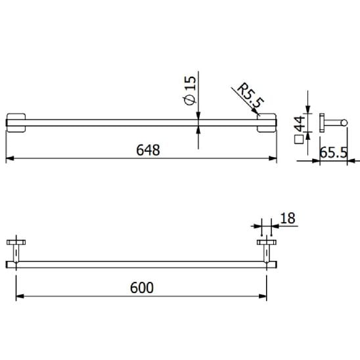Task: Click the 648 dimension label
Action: (148, 150)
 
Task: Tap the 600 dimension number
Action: (142, 288)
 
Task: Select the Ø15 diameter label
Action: (190, 91)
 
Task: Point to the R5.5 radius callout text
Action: (250, 95)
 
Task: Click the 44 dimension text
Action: (300, 124)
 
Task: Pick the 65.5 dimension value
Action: (333, 152)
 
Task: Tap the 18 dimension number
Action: (288, 218)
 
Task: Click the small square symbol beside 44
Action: (299, 139)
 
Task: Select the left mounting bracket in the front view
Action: (16, 123)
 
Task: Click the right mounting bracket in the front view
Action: (266, 123)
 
